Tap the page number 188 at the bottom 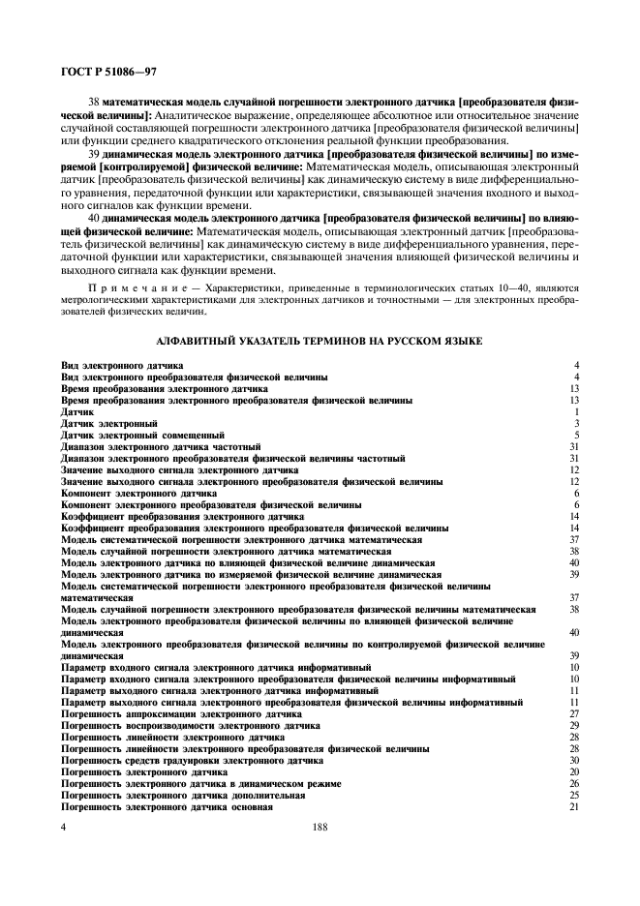pyautogui.click(x=320, y=829)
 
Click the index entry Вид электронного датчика pyautogui.click(x=122, y=365)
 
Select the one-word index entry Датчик pyautogui.click(x=77, y=411)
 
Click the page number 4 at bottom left pyautogui.click(x=64, y=829)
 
